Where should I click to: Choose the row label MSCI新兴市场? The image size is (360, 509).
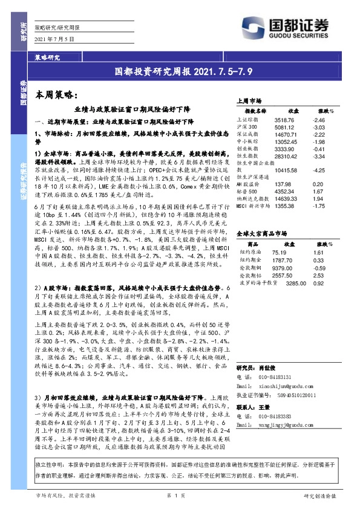[x=254, y=206]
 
